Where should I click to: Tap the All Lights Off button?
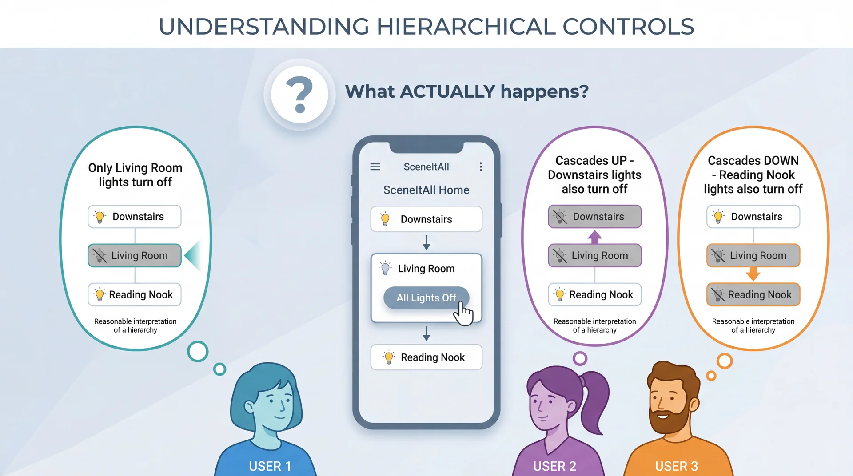point(426,297)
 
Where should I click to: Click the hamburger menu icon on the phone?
point(375,167)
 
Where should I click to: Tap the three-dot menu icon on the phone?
point(480,167)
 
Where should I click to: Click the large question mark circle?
point(300,95)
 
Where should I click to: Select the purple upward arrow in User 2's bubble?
point(594,237)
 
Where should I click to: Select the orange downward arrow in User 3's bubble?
point(753,274)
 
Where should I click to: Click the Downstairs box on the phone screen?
point(426,219)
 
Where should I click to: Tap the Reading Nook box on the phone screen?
point(426,357)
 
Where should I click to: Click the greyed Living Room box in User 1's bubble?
point(135,256)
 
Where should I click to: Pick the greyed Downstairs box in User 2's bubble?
point(594,217)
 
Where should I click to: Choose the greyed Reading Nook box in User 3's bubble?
point(753,295)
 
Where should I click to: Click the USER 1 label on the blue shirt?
point(270,466)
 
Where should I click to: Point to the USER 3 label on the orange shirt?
point(676,466)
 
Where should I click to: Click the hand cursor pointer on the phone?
point(463,314)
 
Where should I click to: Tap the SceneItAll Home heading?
point(426,190)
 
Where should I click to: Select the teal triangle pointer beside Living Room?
point(194,255)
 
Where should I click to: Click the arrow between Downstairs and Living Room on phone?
point(426,242)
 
